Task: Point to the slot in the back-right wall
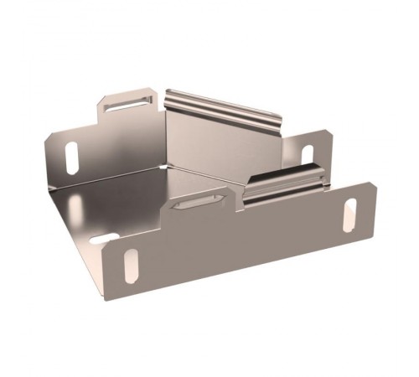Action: click(307, 154)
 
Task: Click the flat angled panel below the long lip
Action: click(222, 147)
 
